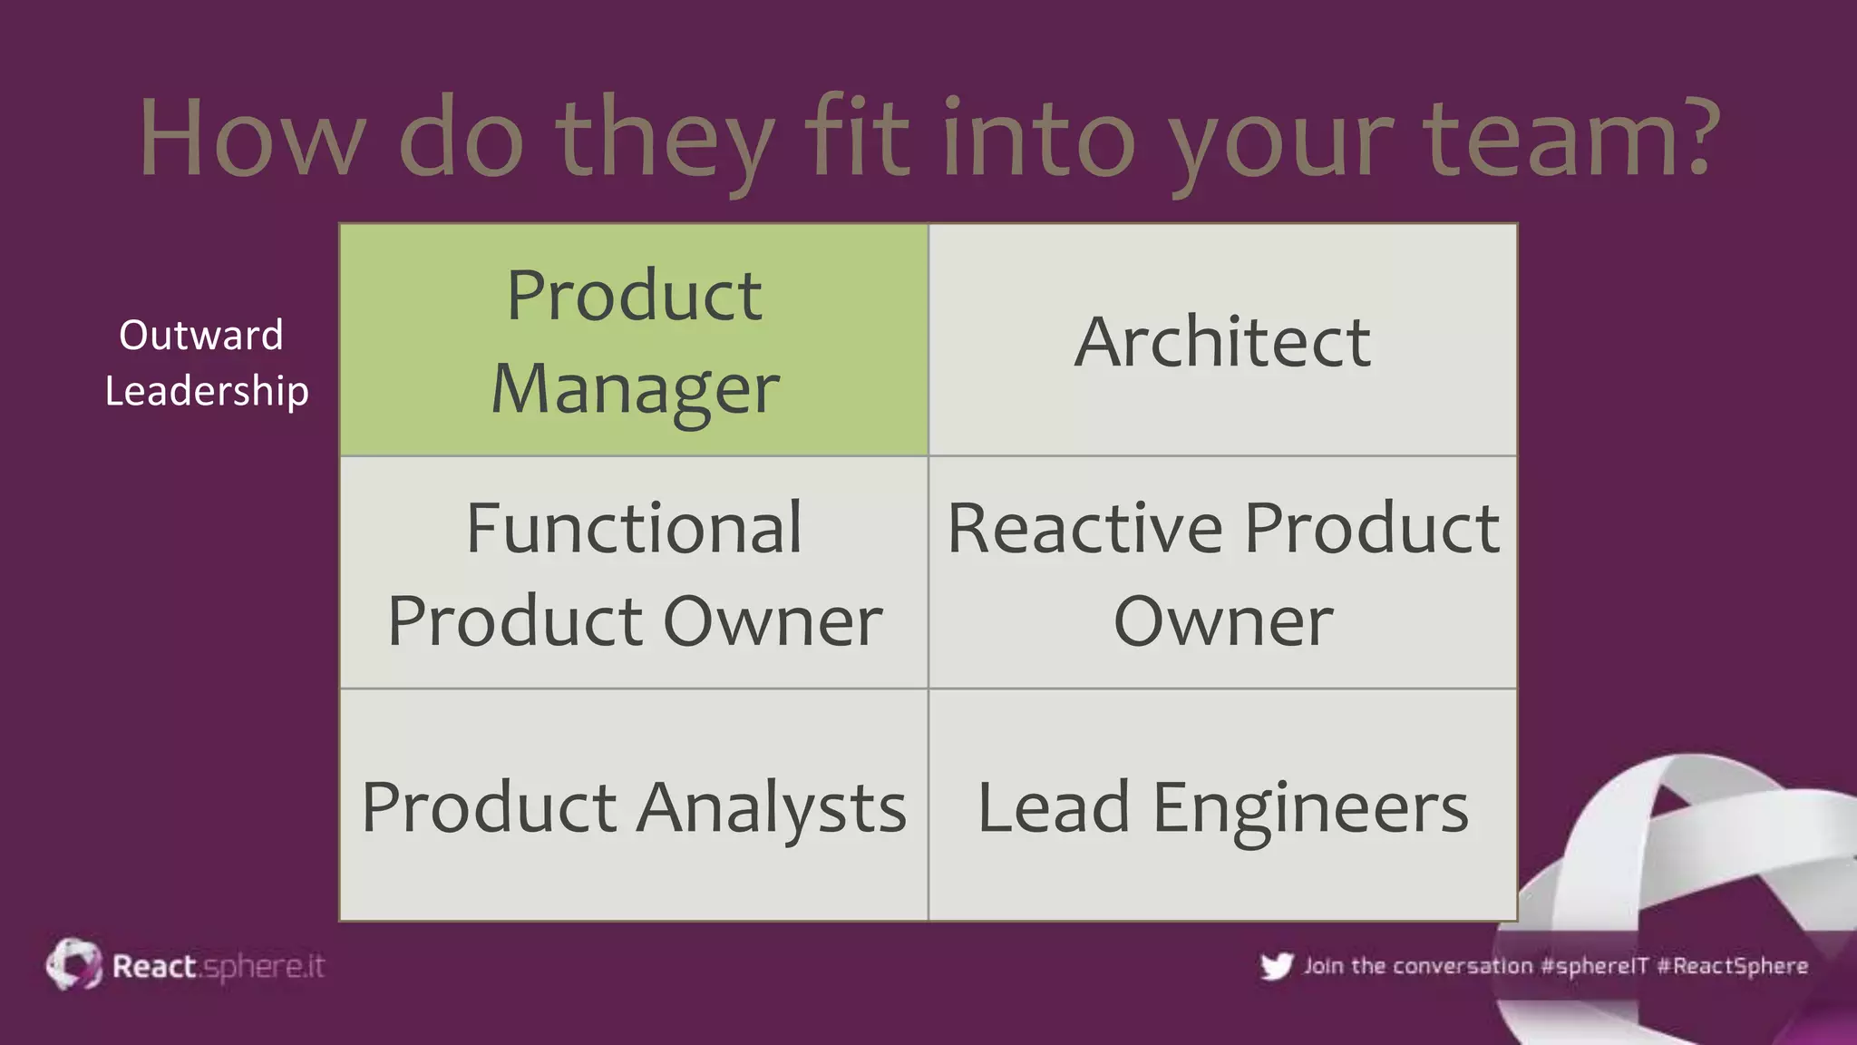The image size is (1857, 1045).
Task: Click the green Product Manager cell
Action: click(633, 340)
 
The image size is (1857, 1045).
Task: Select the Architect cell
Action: click(1222, 341)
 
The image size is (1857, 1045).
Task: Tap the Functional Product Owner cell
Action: click(633, 573)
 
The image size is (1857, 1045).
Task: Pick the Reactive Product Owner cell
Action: click(1222, 573)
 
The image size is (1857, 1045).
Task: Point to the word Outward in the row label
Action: click(201, 335)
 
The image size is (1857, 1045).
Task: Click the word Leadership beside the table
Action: click(207, 391)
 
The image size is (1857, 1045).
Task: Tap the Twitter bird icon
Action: click(1276, 966)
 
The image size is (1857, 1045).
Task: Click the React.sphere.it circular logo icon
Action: click(73, 964)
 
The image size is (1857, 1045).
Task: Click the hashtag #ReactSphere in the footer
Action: click(1732, 966)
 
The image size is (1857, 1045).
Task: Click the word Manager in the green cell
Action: click(635, 388)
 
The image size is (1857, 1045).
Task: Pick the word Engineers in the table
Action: click(1309, 806)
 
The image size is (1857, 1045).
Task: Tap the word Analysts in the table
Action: click(771, 806)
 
